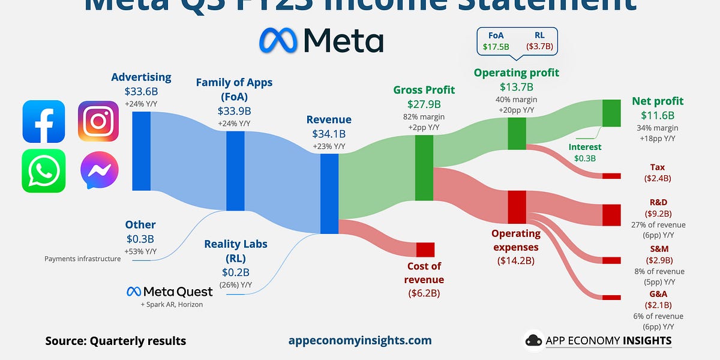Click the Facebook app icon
point(43,121)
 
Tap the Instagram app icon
point(98,121)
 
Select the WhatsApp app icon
point(43,170)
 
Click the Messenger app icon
point(98,170)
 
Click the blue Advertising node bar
point(141,151)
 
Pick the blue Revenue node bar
point(329,193)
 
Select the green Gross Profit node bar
point(424,167)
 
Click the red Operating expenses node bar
point(517,207)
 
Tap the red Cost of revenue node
point(425,250)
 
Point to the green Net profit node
point(611,113)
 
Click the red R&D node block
point(611,215)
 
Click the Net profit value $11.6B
point(657,115)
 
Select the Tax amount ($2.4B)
point(657,178)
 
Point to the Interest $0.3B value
point(585,158)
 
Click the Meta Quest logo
point(169,292)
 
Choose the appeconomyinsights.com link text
point(360,340)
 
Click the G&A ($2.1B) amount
point(657,305)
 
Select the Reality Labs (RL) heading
point(236,251)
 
